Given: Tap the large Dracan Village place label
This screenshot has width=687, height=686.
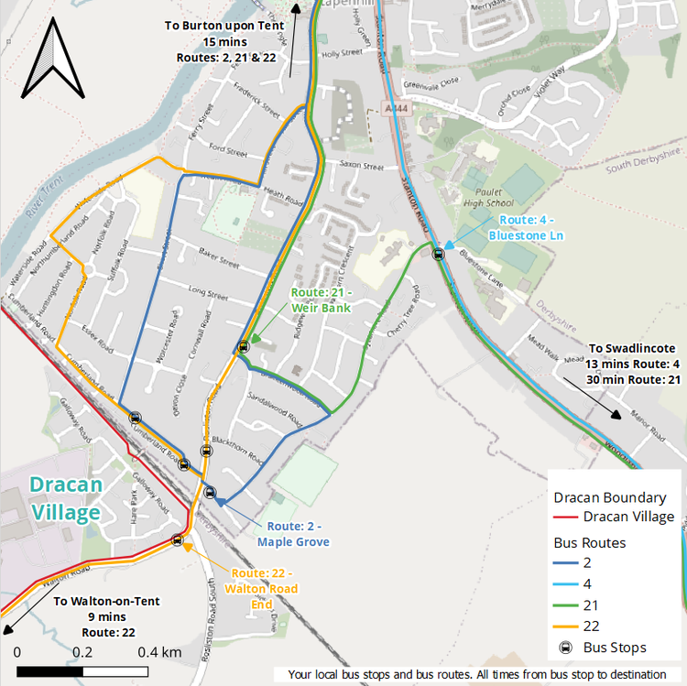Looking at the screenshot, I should [64, 498].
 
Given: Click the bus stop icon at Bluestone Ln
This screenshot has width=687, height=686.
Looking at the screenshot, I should [439, 254].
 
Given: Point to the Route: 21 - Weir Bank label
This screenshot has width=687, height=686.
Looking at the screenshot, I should [322, 299].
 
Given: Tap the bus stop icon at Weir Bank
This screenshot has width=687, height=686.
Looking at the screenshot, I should [244, 346].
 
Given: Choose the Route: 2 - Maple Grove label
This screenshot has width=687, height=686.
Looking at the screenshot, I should [292, 534].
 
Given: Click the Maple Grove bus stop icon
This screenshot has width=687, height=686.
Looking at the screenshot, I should [210, 493].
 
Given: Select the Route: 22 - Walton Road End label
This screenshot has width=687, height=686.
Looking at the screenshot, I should [264, 588].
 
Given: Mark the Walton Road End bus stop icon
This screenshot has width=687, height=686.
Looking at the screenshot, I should [178, 540].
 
